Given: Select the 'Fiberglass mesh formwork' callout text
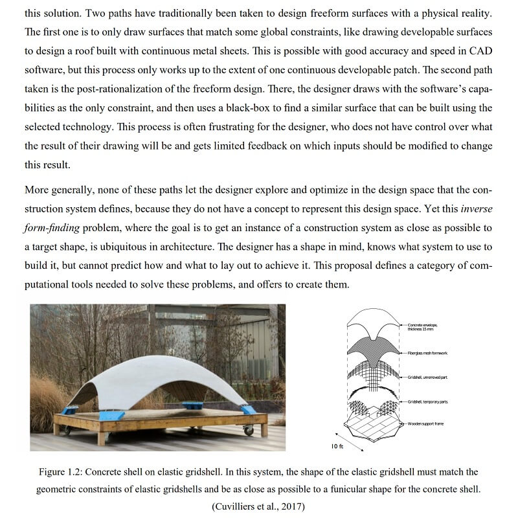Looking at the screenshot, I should coord(427,353).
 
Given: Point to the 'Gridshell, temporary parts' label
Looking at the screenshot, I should coord(428,402).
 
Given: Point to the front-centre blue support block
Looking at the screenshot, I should coord(192,405).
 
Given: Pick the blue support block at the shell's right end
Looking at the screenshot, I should coord(249,410).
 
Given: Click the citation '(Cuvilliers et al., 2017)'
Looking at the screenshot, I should coord(259,506).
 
